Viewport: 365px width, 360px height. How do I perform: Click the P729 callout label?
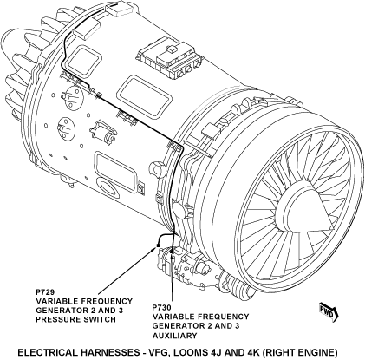pos(45,291)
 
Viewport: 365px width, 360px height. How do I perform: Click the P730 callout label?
pos(161,307)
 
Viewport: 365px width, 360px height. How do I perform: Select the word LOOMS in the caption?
pos(188,352)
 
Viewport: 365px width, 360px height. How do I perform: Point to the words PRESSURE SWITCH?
pos(75,319)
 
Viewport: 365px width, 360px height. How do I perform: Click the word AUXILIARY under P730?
pos(174,336)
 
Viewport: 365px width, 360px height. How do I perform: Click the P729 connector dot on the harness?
pos(158,245)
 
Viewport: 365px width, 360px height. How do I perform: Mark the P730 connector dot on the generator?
pos(172,252)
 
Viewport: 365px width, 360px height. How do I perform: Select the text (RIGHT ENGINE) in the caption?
pos(301,352)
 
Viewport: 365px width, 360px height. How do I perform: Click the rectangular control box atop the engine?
pos(170,57)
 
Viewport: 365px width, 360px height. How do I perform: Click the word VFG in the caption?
pos(158,352)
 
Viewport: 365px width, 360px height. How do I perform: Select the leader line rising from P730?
pos(173,278)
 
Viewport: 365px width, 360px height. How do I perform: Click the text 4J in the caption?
pos(213,352)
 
